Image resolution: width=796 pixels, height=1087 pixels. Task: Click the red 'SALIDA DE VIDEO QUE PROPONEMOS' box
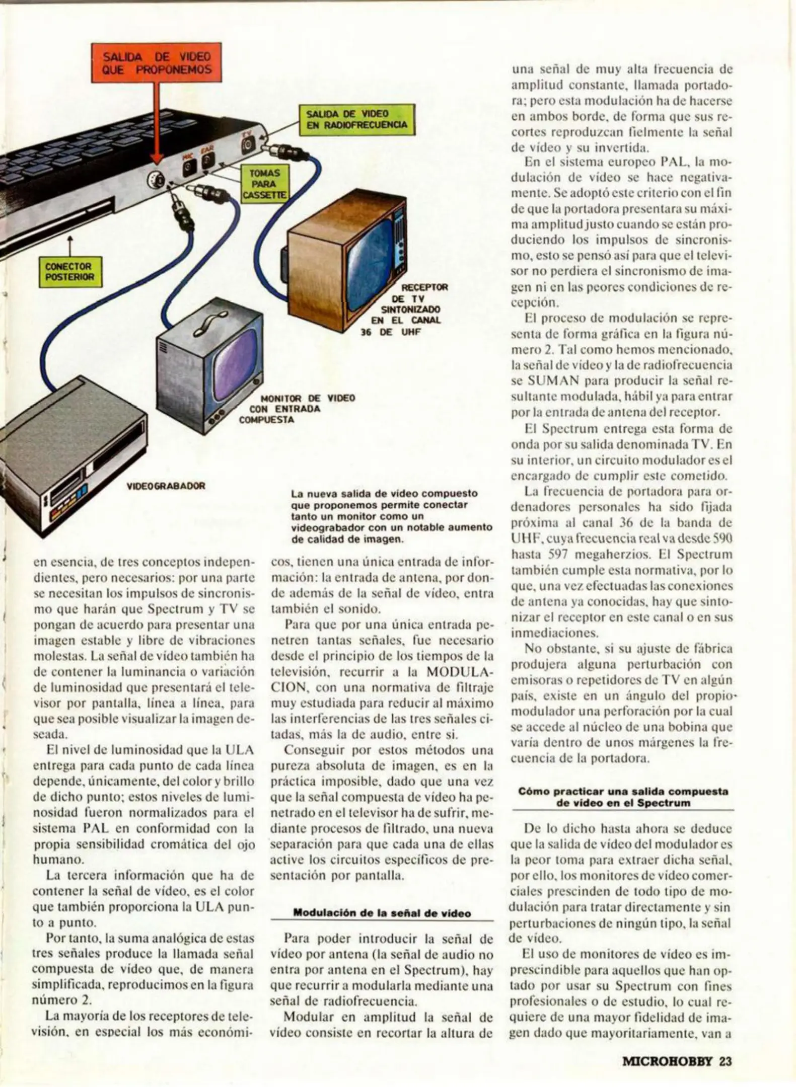pos(157,63)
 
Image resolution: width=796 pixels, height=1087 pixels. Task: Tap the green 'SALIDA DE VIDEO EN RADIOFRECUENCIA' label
pos(357,120)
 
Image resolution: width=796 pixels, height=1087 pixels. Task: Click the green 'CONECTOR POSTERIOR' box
pos(70,272)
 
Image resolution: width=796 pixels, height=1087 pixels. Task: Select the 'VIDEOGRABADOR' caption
pos(166,486)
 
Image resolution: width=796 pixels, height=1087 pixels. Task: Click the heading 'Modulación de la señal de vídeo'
pos(382,913)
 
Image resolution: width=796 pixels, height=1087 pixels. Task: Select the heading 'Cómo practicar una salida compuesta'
pos(623,792)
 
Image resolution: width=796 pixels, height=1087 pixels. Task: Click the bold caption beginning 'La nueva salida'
pos(392,517)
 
